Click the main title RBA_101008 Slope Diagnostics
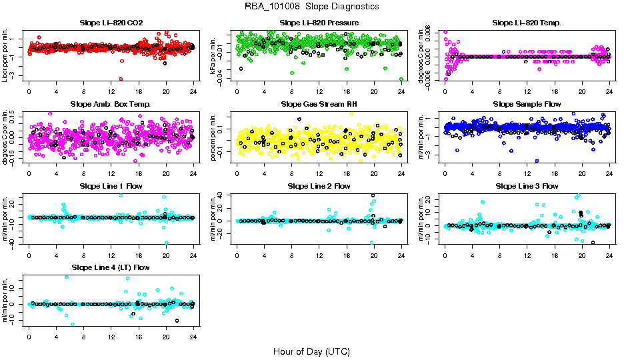312,7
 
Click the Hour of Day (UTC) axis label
311,351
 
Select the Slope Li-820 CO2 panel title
111,23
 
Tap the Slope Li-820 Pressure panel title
319,23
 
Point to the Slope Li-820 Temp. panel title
527,23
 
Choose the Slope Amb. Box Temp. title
111,104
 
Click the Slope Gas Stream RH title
319,104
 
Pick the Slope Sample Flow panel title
527,104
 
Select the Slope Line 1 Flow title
111,185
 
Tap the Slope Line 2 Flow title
319,185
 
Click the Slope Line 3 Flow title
527,185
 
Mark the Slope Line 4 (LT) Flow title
111,267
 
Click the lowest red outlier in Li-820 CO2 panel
121,79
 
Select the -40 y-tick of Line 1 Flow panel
14,243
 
